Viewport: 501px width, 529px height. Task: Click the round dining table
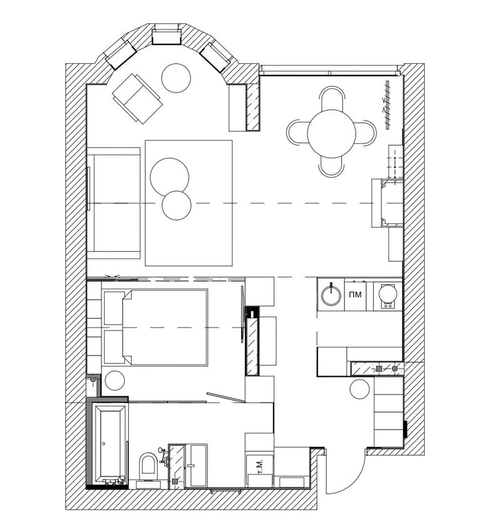coord(331,133)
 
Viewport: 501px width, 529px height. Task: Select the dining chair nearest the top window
coord(331,98)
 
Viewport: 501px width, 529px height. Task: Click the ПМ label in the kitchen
coord(355,294)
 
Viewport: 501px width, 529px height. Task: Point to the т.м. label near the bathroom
coord(261,466)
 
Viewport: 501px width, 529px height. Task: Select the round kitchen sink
coord(331,294)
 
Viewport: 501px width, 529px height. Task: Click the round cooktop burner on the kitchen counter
coord(388,293)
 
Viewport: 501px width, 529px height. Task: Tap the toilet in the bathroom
coord(148,467)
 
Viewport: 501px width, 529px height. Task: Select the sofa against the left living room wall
coord(113,203)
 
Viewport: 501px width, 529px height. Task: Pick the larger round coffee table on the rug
coord(170,177)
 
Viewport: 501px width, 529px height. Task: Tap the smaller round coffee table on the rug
coord(177,205)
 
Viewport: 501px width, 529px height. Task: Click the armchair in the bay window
coord(137,98)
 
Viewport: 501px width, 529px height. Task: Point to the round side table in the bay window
coord(176,78)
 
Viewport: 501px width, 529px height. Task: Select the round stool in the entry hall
coord(359,389)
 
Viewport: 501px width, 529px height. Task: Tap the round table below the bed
coord(115,381)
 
